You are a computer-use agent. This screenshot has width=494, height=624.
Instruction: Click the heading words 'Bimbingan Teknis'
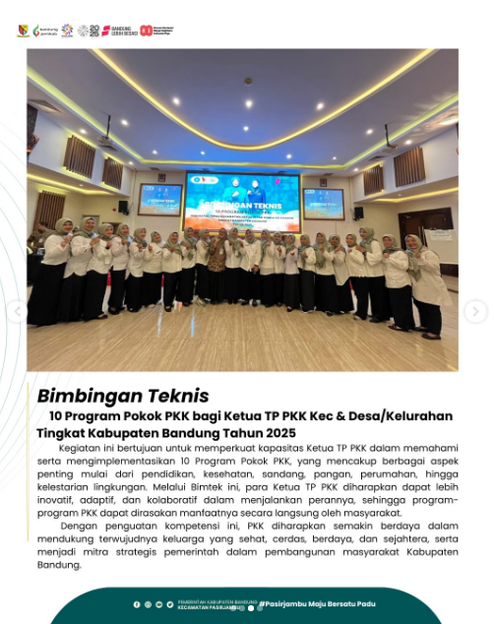tap(123, 396)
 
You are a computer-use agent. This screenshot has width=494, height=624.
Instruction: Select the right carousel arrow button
tap(475, 312)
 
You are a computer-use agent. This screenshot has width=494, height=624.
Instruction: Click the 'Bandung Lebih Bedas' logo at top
tap(118, 31)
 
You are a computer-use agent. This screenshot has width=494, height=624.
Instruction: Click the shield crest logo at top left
tap(23, 31)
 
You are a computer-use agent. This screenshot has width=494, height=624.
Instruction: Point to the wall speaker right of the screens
tap(357, 212)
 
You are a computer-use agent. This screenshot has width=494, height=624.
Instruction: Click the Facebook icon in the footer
tap(137, 604)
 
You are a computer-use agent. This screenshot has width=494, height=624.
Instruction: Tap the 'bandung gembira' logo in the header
tap(44, 31)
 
